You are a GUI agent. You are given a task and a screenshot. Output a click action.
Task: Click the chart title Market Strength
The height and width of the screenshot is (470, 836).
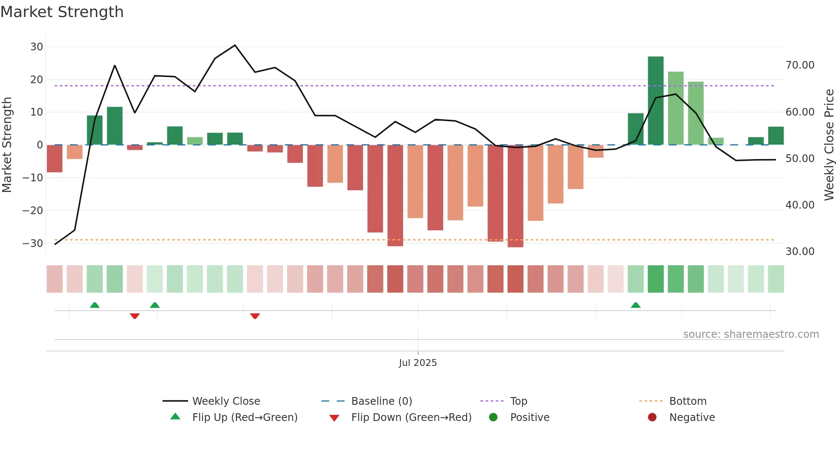[x=62, y=12]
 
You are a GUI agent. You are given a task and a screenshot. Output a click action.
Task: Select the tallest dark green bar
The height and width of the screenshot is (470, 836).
[x=656, y=100]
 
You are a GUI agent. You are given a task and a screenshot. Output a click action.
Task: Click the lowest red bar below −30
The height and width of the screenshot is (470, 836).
[x=515, y=196]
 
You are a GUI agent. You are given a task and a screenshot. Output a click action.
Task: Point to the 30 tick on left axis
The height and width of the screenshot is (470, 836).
[x=37, y=47]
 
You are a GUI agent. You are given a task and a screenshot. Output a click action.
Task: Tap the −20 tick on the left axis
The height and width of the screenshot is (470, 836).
[x=33, y=210]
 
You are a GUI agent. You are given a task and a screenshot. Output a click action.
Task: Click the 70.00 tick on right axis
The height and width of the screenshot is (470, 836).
[x=800, y=65]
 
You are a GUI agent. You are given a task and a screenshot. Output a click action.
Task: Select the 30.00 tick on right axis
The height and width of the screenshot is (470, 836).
[x=800, y=252]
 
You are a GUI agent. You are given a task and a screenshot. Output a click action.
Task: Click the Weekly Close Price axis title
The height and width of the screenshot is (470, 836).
[x=829, y=145]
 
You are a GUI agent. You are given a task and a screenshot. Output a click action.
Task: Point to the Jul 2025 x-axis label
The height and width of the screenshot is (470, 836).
[x=418, y=363]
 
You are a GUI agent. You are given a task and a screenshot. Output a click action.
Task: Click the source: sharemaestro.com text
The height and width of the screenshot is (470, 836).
[x=751, y=334]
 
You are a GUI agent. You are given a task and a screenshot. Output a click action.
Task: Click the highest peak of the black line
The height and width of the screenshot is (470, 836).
[x=235, y=45]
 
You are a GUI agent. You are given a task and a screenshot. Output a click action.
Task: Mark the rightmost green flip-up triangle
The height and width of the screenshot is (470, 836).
[x=636, y=305]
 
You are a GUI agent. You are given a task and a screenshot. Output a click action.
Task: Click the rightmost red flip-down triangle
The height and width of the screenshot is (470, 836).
[x=255, y=316]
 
